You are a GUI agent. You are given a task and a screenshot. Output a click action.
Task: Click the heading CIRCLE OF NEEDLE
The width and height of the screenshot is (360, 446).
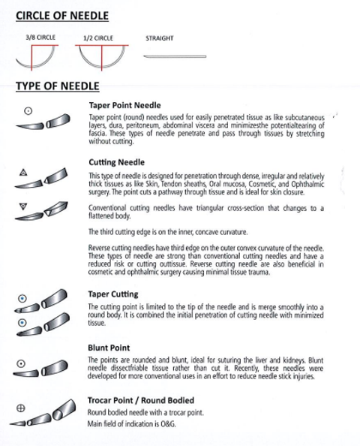point(62,16)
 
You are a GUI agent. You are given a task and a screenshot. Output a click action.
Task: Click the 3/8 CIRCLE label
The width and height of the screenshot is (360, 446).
point(40,38)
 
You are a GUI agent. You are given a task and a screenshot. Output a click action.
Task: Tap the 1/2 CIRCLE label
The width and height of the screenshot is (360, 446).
point(98,38)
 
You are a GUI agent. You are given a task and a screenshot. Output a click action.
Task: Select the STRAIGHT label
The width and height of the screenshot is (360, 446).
point(160,38)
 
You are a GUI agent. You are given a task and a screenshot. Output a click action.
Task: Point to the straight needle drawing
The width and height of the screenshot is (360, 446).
point(175,56)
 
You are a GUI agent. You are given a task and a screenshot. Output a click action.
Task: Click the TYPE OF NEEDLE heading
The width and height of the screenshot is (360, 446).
point(58,86)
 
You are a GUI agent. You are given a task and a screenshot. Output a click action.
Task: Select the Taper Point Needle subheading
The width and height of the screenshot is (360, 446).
point(124,105)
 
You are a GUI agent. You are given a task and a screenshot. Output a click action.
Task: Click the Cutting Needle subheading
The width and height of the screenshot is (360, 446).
point(116,162)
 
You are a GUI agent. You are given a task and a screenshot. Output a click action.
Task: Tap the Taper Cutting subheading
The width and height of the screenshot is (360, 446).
point(113,294)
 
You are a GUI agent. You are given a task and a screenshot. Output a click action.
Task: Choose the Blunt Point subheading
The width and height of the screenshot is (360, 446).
point(109,348)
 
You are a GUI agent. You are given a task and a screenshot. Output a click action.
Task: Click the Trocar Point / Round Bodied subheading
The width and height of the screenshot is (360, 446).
point(141,400)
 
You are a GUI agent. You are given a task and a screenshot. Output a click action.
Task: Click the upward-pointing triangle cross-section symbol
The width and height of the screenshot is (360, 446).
point(23,172)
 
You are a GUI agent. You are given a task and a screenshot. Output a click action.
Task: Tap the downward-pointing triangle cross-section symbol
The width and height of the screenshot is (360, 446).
point(23,206)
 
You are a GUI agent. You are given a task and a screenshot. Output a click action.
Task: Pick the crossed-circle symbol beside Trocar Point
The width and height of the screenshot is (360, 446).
point(20,408)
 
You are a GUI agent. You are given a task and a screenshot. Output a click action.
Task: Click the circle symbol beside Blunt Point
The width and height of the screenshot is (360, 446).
point(21,363)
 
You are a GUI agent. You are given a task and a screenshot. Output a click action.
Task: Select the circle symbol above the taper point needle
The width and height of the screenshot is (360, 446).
point(28,111)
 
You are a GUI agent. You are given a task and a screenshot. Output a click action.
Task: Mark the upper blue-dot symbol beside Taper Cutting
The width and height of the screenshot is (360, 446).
point(22,298)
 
